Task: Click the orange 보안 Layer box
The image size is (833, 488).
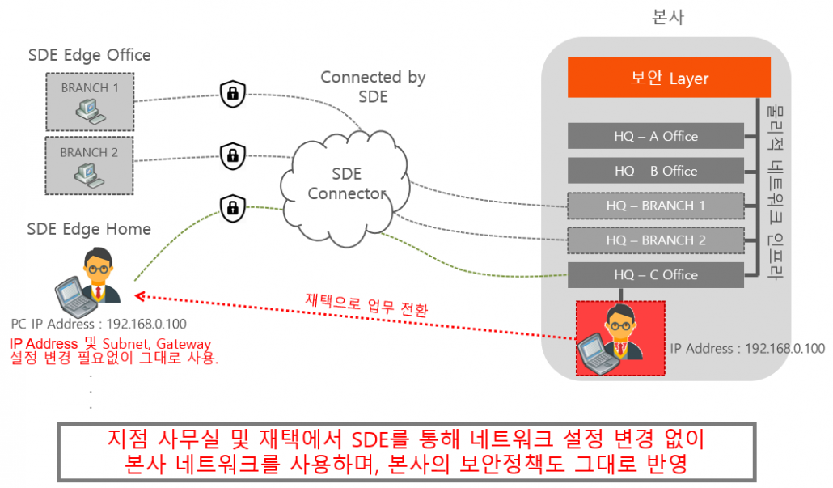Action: click(668, 78)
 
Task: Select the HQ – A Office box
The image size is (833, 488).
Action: click(655, 136)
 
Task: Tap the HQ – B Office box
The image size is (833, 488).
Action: click(655, 171)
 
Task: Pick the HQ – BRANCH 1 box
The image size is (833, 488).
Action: click(655, 206)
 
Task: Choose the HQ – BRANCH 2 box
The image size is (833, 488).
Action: click(655, 240)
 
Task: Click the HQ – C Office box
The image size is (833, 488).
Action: click(655, 275)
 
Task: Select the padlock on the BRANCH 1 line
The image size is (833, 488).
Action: click(232, 94)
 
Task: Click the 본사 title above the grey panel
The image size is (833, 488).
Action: click(667, 16)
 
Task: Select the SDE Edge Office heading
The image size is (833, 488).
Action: click(89, 55)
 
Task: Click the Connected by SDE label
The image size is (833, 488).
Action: click(373, 87)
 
